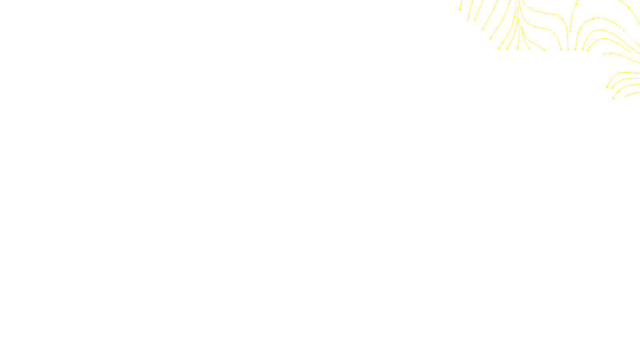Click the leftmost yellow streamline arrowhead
click(460, 10)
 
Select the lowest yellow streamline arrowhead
click(613, 98)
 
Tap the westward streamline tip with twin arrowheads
click(605, 54)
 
